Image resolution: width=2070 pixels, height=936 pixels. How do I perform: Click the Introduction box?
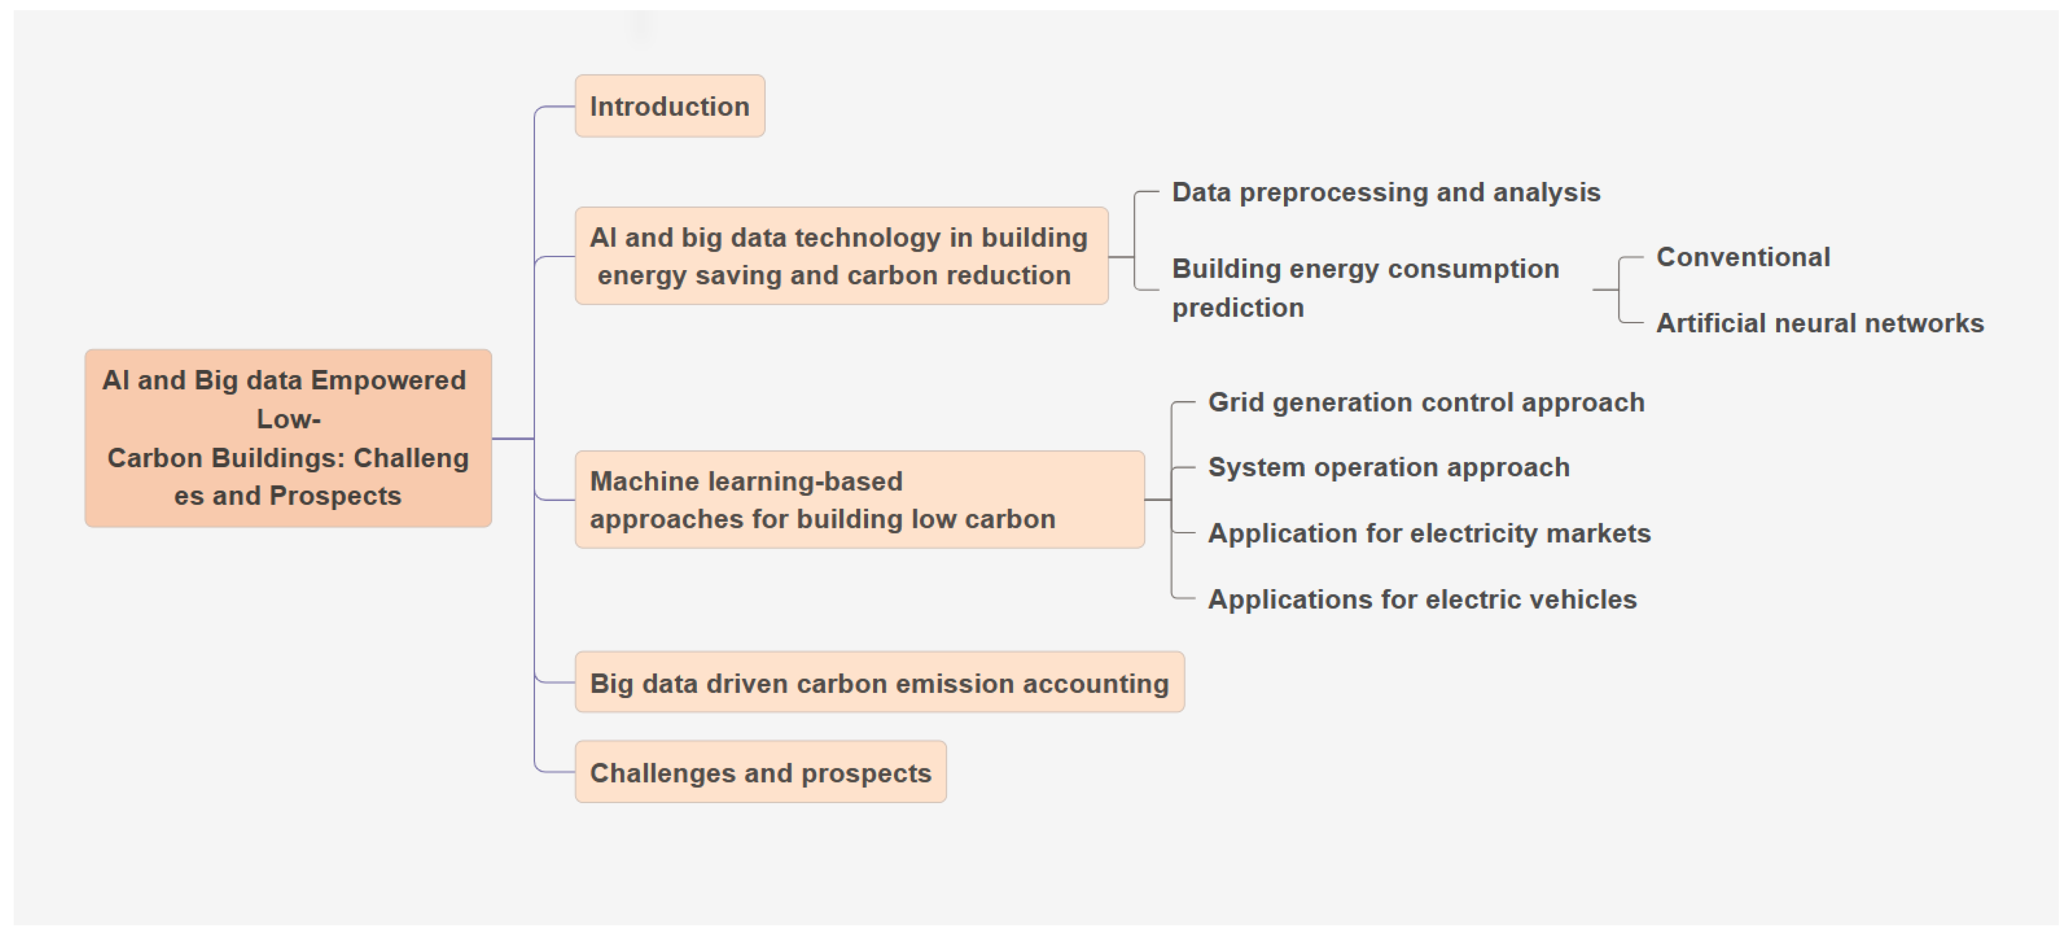tap(669, 106)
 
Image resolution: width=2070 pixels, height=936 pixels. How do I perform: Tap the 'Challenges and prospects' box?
tap(760, 772)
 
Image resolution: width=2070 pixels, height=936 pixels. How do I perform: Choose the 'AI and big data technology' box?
tap(842, 256)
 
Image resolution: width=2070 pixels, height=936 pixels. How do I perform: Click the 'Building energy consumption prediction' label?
tap(1365, 288)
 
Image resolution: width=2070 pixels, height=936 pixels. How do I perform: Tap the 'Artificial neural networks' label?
tap(1820, 323)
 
